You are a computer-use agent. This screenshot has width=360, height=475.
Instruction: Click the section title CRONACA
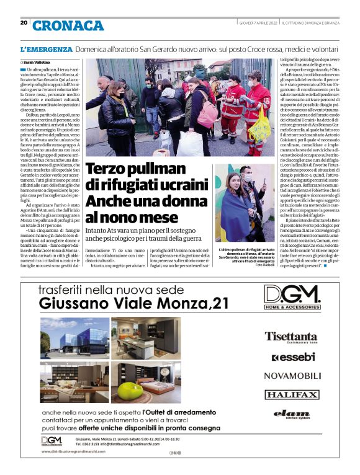[68, 25]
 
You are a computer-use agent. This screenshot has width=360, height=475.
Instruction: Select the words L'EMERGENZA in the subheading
[47, 48]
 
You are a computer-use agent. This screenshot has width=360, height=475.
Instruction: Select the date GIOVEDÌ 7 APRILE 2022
[258, 23]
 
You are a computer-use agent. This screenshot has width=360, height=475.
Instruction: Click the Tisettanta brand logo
[291, 337]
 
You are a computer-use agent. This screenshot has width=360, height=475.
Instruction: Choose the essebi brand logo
[292, 357]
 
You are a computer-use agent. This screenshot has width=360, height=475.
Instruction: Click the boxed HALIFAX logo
[292, 394]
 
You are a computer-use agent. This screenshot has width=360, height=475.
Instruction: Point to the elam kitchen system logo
[291, 414]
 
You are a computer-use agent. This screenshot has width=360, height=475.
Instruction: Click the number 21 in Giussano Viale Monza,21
[220, 303]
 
